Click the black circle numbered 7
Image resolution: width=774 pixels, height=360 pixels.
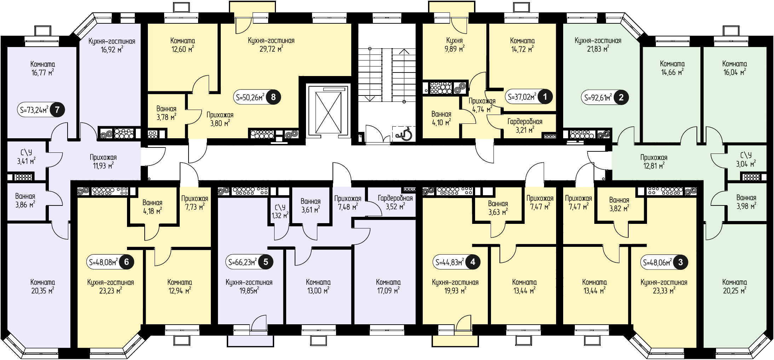click(x=57, y=110)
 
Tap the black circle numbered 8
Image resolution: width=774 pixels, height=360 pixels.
click(x=273, y=97)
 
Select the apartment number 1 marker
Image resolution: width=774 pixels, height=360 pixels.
click(x=545, y=97)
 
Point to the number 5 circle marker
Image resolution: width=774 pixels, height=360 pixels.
click(x=266, y=262)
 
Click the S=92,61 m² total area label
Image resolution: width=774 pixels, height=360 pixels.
click(x=599, y=97)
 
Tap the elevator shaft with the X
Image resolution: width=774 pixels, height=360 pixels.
click(x=328, y=110)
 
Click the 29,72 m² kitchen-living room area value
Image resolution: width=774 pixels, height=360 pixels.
click(x=271, y=49)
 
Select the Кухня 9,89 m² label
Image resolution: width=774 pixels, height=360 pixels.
click(x=455, y=45)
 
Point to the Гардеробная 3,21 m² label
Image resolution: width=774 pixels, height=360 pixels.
click(x=525, y=126)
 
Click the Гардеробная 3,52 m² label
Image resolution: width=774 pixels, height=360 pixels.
click(x=395, y=202)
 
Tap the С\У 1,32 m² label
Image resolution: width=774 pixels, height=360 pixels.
click(x=280, y=211)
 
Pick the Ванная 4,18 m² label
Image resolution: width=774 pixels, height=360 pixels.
click(x=152, y=207)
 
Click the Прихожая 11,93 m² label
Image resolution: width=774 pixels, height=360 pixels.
click(x=103, y=161)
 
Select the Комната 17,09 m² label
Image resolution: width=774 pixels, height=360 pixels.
click(x=388, y=286)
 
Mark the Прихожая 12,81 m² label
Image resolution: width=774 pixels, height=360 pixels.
click(x=654, y=161)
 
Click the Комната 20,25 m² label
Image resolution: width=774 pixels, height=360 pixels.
click(x=735, y=286)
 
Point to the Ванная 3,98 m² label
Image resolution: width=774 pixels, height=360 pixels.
click(x=746, y=202)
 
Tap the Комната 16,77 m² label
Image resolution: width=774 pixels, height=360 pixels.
click(x=43, y=68)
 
